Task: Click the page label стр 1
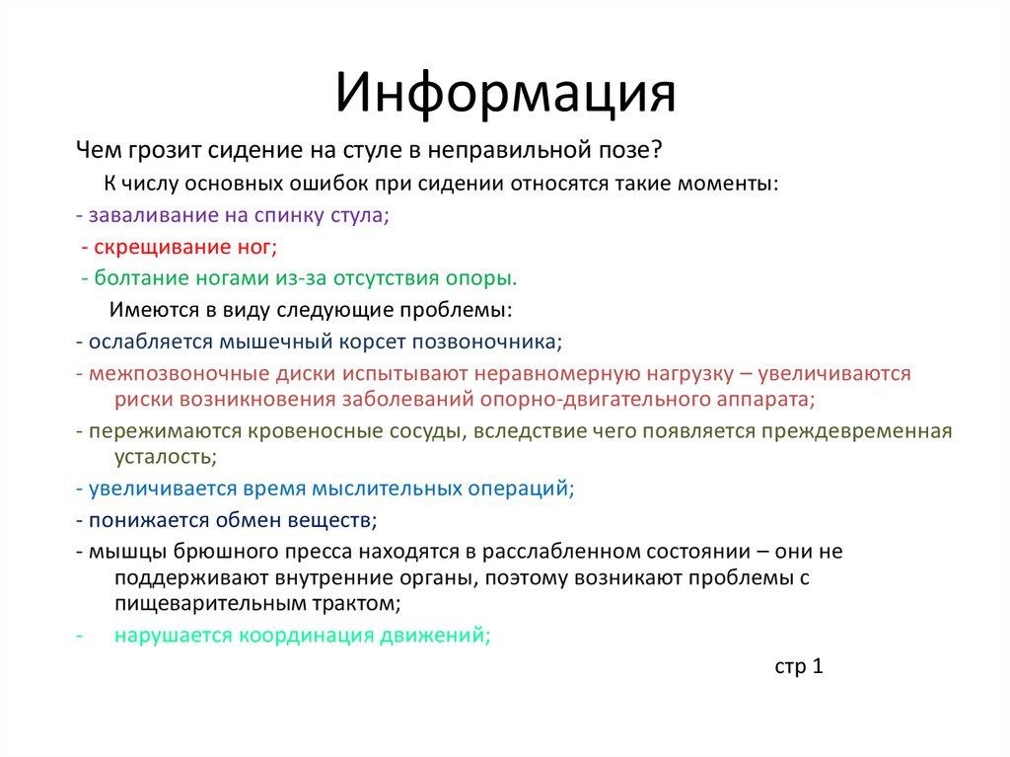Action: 798,666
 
